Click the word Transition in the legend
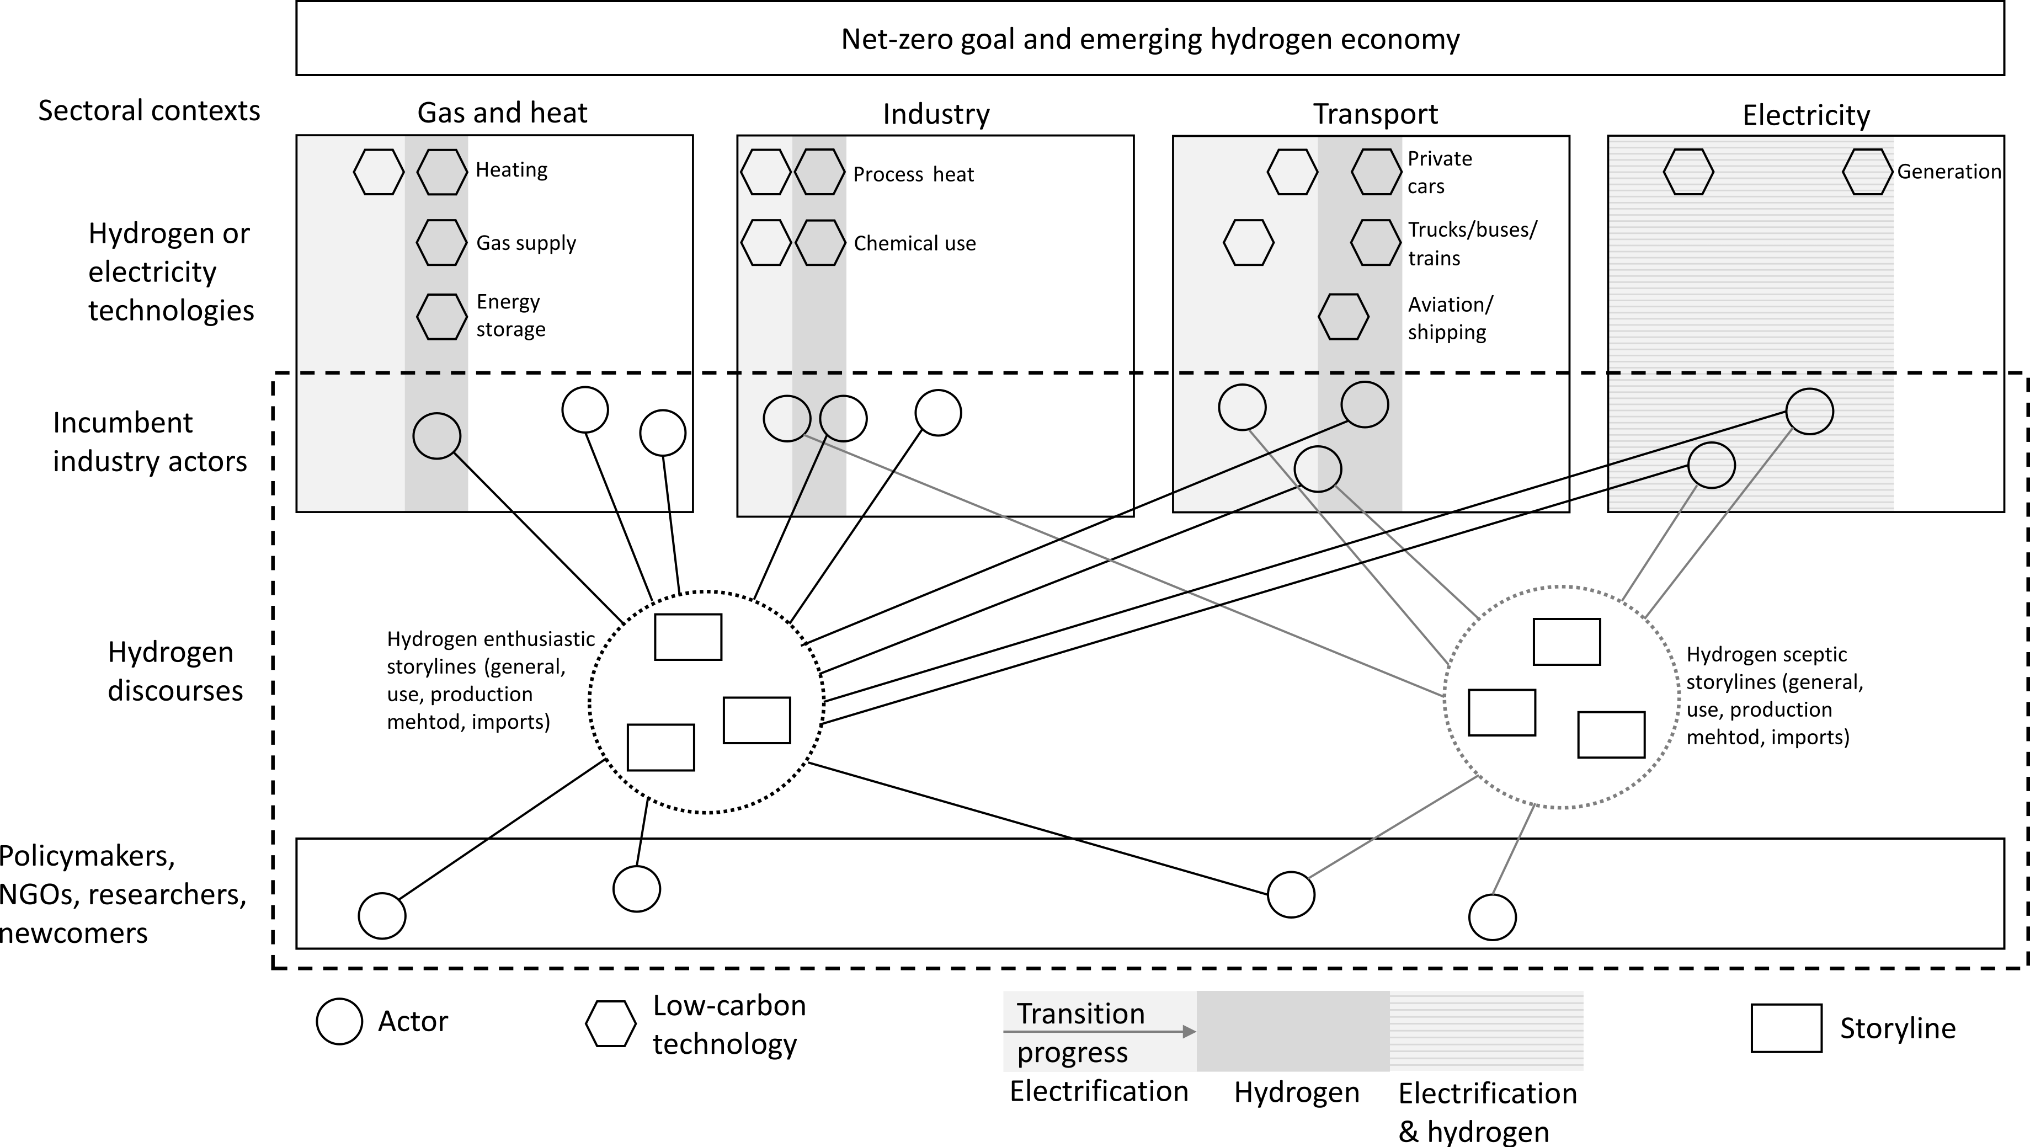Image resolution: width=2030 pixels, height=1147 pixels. (1080, 1014)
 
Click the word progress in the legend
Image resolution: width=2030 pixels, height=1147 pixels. (1072, 1053)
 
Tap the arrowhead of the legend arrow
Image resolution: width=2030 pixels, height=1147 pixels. (1189, 1031)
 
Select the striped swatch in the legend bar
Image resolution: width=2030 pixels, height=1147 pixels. (1486, 1031)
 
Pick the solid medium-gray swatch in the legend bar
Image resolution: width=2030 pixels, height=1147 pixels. (1292, 1031)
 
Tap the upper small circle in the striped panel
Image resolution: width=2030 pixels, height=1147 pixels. (1809, 411)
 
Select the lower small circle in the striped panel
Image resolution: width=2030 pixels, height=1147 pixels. (1712, 465)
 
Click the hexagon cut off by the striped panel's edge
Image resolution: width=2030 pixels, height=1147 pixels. (1868, 172)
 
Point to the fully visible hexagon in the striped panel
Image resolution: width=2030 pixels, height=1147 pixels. (1688, 172)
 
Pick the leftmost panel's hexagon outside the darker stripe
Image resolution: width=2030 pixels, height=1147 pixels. (379, 172)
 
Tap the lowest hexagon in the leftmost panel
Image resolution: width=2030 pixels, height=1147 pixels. (441, 317)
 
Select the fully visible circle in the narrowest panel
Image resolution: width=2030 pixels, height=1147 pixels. (786, 418)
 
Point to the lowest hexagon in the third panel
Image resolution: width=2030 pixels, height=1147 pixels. (1343, 317)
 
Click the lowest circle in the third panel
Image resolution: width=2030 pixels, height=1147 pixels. (1318, 469)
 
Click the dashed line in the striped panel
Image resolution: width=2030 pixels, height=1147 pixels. (1751, 372)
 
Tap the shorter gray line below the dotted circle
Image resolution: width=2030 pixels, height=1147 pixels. (1513, 851)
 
